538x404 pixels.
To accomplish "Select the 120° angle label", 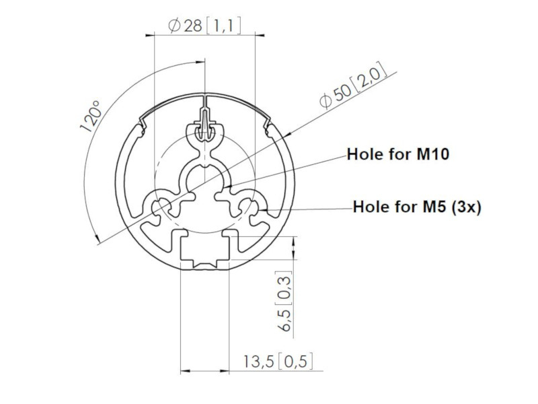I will pos(90,115).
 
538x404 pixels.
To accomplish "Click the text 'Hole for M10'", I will pos(397,154).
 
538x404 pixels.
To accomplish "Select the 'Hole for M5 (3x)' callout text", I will pos(417,207).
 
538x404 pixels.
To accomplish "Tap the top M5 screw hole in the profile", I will pos(204,132).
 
